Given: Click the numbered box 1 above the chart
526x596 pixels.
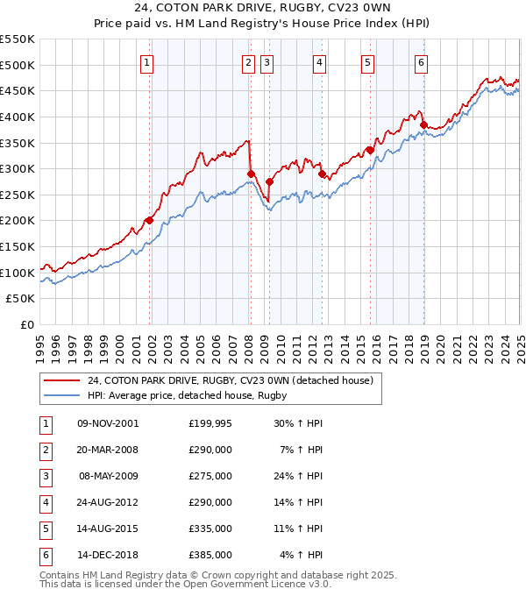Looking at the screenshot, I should click(146, 62).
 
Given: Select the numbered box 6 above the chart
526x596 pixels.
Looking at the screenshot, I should click(422, 62).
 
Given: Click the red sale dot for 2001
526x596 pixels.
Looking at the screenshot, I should click(149, 220).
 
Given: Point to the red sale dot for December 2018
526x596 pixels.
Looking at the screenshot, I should click(423, 124).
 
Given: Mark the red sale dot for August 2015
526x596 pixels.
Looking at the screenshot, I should click(370, 150).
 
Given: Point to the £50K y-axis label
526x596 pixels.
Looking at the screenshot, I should click(20, 299).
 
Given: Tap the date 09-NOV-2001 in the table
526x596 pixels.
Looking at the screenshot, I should click(108, 423).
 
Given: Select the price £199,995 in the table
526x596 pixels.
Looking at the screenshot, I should click(210, 423).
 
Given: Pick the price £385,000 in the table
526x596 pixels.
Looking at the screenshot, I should click(210, 555).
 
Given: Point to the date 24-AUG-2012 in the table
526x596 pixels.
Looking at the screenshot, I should click(108, 502).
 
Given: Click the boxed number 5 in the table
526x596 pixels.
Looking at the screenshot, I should click(45, 529).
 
